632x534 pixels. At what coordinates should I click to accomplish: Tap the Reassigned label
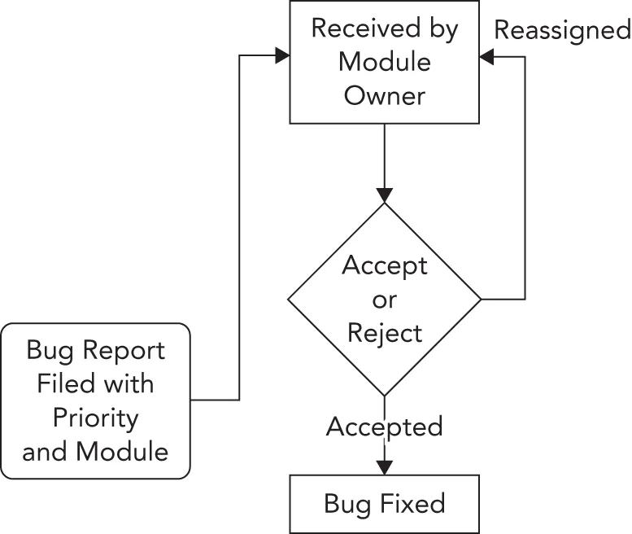tap(563, 30)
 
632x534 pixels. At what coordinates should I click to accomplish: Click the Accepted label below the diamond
tap(385, 427)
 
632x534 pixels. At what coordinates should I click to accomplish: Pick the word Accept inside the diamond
tap(385, 265)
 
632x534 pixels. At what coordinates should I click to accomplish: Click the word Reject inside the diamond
tap(385, 332)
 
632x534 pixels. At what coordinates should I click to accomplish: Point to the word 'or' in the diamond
tap(385, 300)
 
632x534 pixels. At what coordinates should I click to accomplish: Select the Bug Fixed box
tap(384, 504)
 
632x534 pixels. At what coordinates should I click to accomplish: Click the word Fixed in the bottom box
tap(415, 504)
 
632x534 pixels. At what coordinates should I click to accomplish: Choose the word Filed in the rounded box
tap(65, 383)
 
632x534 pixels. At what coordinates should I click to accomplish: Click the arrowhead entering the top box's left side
tap(282, 55)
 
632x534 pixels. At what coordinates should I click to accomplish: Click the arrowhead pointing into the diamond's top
tap(384, 195)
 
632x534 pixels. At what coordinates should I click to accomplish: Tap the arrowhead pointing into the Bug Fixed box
tap(384, 467)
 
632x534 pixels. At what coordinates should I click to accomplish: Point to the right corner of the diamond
tap(479, 300)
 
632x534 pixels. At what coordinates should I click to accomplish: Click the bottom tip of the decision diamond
tap(384, 395)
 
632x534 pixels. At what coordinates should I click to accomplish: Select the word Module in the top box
tap(384, 62)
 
